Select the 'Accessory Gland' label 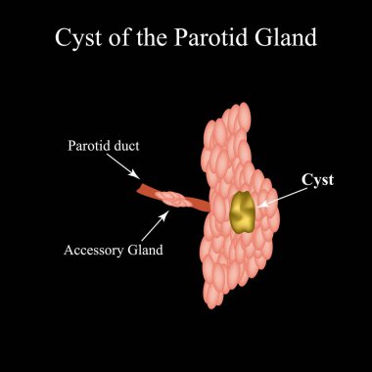pyautogui.click(x=114, y=250)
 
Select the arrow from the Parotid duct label pyautogui.click(x=154, y=170)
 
